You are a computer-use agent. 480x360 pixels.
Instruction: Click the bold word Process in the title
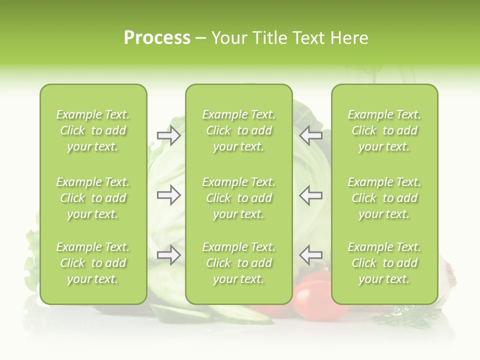coord(157,38)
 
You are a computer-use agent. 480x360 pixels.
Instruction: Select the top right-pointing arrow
coord(169,135)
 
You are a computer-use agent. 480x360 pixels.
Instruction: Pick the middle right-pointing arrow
coord(169,195)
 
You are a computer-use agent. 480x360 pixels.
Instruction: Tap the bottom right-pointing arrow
coord(169,255)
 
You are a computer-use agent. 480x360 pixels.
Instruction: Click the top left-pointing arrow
coord(310,135)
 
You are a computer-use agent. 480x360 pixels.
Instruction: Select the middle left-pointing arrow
coord(310,195)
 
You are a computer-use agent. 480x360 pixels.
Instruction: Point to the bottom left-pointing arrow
coord(310,255)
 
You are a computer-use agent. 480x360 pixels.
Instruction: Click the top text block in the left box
coord(93,130)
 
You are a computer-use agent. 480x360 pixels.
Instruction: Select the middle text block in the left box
coord(93,198)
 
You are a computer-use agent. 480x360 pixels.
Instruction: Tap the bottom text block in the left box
coord(93,263)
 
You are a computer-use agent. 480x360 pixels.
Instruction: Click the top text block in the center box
coord(238,130)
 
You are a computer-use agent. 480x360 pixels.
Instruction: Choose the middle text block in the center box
coord(238,198)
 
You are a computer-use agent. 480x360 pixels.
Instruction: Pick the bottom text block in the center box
coord(238,263)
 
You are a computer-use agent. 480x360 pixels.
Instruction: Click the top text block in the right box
coord(384,130)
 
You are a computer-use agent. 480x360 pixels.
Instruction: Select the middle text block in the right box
coord(384,198)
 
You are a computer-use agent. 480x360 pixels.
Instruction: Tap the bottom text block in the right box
coord(384,263)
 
